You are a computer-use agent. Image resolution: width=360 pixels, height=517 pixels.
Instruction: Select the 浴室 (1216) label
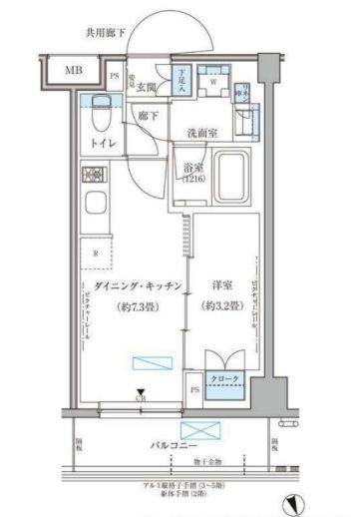pos(189,175)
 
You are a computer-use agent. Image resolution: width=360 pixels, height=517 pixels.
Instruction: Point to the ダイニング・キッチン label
pos(134,286)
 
